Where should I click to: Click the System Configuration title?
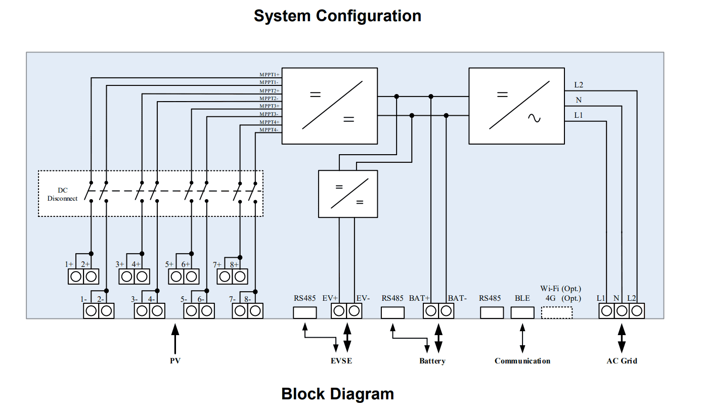point(337,16)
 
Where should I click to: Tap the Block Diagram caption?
point(337,394)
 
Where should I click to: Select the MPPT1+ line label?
point(270,74)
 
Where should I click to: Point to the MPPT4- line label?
point(270,130)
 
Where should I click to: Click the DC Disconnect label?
point(63,195)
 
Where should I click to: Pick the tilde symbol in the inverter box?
point(534,119)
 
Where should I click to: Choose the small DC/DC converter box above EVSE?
point(348,194)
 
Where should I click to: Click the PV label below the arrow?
point(175,361)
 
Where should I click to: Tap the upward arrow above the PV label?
point(175,339)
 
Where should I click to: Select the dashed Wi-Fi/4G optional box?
point(557,313)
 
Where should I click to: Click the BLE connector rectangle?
point(522,313)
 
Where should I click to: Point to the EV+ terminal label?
point(330,298)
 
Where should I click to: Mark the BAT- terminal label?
point(457,298)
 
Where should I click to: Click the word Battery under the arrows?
point(432,361)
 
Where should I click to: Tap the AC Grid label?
point(622,361)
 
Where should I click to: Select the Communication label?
point(522,361)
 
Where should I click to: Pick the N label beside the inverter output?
point(579,100)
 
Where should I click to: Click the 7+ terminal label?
point(217,264)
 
